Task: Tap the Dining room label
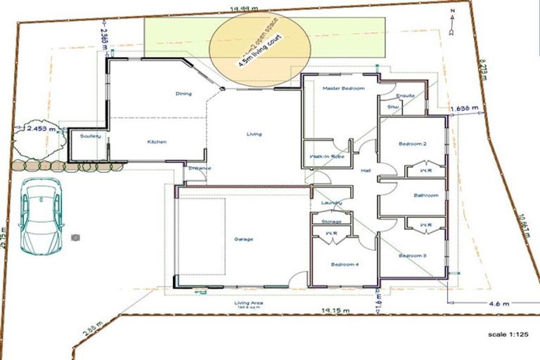click(x=184, y=94)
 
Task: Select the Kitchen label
click(x=157, y=142)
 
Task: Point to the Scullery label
click(x=91, y=136)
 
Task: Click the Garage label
click(x=244, y=239)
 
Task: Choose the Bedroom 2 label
click(x=413, y=143)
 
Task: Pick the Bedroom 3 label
click(x=413, y=255)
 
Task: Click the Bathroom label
click(x=426, y=195)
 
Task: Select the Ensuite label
click(x=406, y=96)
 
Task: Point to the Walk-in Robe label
click(x=323, y=157)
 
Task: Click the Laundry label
click(x=331, y=203)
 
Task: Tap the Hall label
click(x=366, y=171)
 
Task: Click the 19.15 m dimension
click(x=335, y=310)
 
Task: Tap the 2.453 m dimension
click(x=41, y=129)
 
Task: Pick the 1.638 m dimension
click(x=463, y=109)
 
